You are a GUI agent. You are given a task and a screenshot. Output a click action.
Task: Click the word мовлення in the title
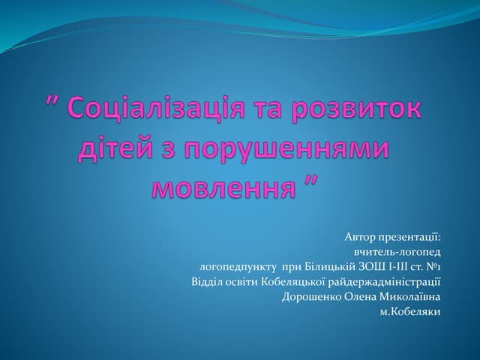pyautogui.click(x=222, y=185)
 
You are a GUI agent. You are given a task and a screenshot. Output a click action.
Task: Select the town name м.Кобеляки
pyautogui.click(x=411, y=311)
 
